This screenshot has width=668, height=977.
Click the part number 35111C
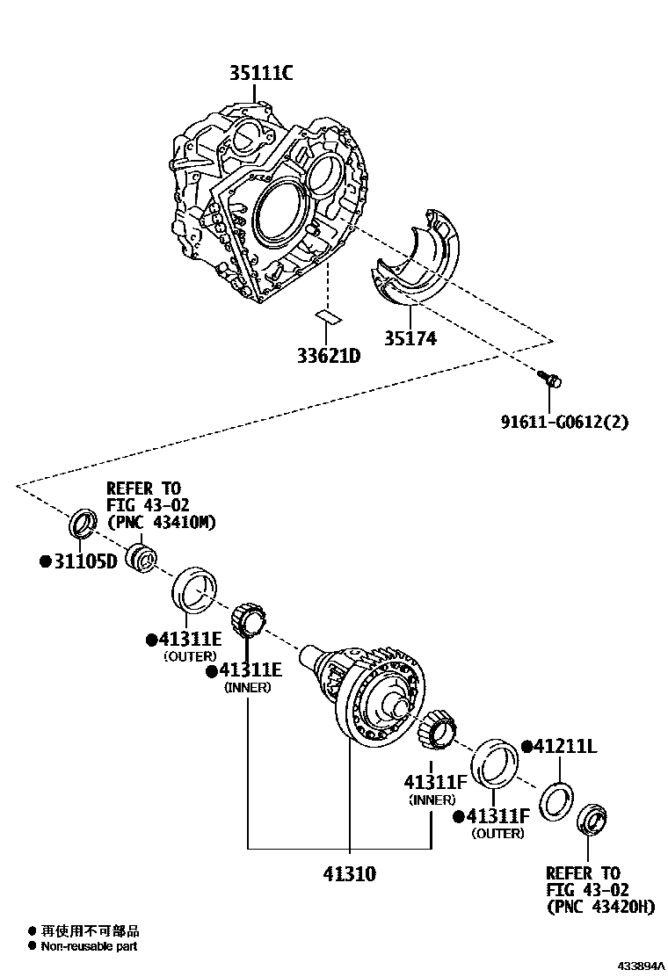(x=261, y=74)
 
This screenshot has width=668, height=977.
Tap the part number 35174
(x=410, y=338)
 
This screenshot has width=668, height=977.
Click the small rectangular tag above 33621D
(x=328, y=316)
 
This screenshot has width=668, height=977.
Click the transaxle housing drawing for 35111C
(x=264, y=202)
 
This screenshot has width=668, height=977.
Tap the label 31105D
(x=83, y=561)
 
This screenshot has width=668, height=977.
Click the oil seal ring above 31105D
(x=82, y=523)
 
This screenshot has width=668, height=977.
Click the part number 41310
(x=348, y=873)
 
